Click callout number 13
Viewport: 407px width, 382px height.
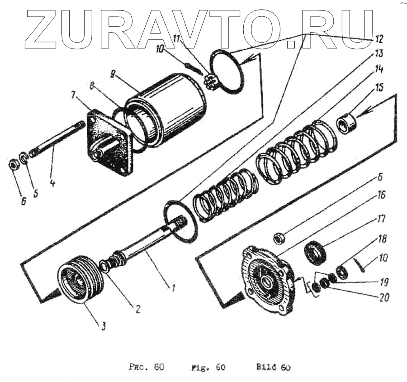coord(379,53)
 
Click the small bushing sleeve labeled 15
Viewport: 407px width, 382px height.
coord(348,123)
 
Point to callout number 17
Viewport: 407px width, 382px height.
coord(379,219)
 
